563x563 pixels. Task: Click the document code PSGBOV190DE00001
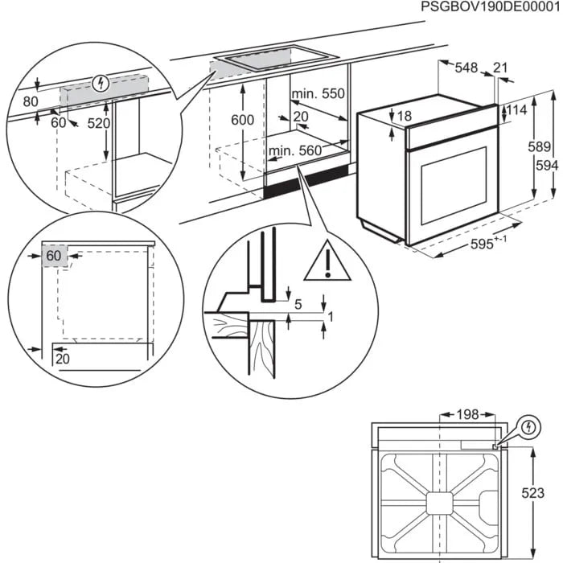click(x=490, y=7)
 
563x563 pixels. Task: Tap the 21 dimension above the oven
click(x=501, y=68)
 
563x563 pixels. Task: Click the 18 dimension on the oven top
click(x=404, y=117)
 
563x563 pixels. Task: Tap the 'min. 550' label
click(x=318, y=95)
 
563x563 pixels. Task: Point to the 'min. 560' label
click(x=294, y=150)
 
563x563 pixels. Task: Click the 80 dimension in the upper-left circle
click(x=31, y=102)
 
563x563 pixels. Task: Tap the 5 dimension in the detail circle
click(x=298, y=304)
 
